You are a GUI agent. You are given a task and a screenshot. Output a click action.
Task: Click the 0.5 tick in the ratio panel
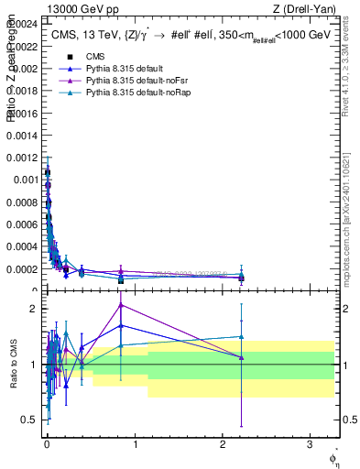tap(31, 420)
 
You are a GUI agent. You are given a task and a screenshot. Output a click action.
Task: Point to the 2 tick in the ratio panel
tap(35, 309)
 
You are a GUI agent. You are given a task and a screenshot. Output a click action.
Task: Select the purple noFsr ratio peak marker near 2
tap(121, 304)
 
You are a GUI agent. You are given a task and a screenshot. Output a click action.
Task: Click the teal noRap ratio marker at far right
tap(241, 336)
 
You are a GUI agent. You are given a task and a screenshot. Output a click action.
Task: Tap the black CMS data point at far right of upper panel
tap(241, 278)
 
